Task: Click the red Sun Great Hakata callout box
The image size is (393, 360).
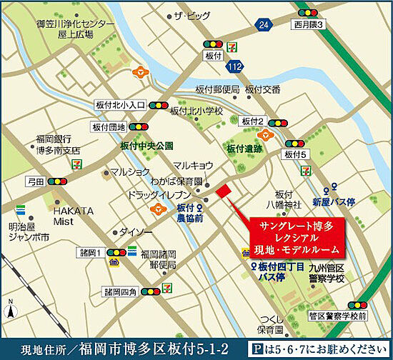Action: click(x=296, y=238)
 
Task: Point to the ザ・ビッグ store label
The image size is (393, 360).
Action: click(x=189, y=15)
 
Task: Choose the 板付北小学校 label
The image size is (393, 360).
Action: click(x=196, y=111)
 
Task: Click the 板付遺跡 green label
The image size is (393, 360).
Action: click(x=244, y=149)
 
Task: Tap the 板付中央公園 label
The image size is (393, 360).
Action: click(x=147, y=146)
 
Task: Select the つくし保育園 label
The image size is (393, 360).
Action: click(x=271, y=324)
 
